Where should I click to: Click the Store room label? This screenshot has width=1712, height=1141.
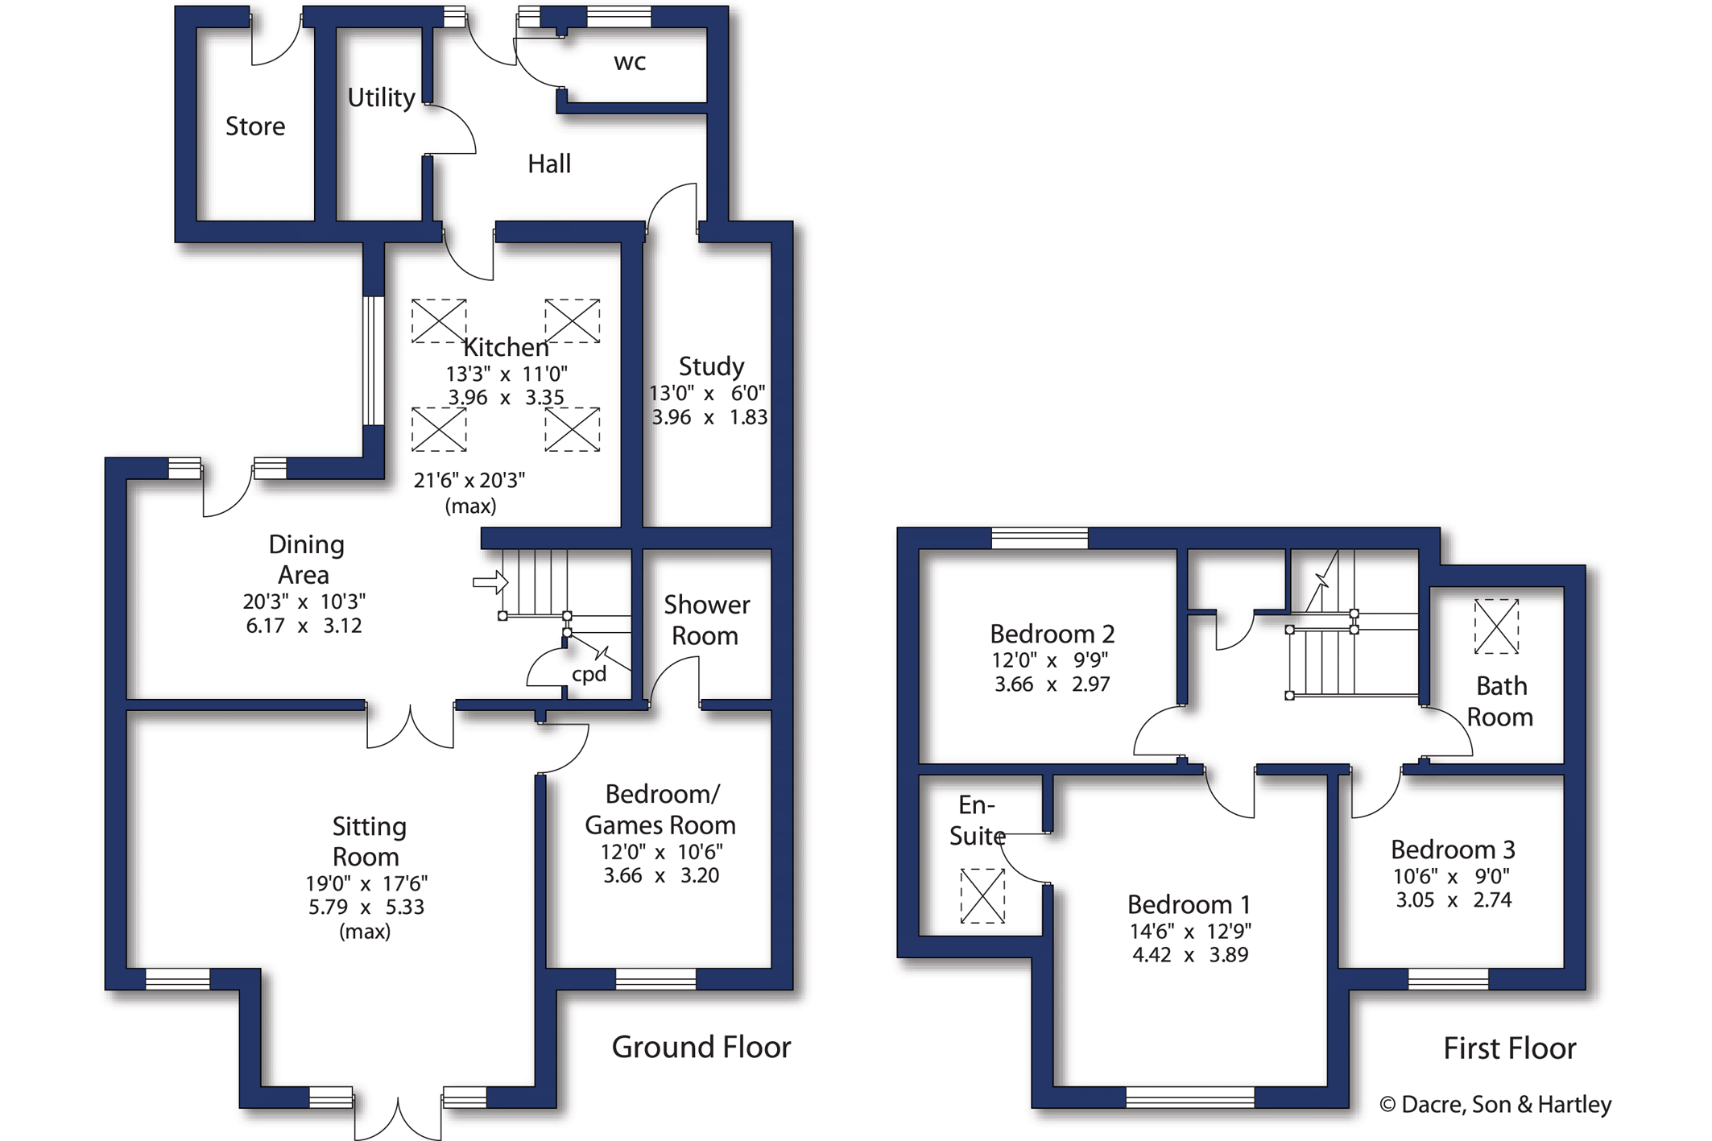pyautogui.click(x=255, y=126)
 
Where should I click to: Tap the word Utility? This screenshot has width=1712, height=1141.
pyautogui.click(x=381, y=97)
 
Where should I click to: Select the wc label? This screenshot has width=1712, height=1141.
pyautogui.click(x=630, y=63)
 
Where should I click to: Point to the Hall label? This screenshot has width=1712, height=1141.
pyautogui.click(x=549, y=164)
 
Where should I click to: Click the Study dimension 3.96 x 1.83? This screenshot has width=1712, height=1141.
pyautogui.click(x=709, y=417)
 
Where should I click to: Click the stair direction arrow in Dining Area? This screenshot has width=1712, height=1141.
pyautogui.click(x=490, y=581)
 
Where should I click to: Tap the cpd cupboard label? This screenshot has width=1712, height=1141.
pyautogui.click(x=589, y=675)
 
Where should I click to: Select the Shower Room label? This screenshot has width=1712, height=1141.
pyautogui.click(x=706, y=620)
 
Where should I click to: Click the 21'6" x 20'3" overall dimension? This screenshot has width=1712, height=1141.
pyautogui.click(x=469, y=481)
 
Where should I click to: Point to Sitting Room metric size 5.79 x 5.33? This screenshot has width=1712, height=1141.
pyautogui.click(x=366, y=907)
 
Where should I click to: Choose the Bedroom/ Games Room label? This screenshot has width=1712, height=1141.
pyautogui.click(x=660, y=809)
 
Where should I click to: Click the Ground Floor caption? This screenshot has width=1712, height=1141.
pyautogui.click(x=701, y=1048)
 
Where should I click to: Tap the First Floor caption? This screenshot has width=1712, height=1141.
pyautogui.click(x=1510, y=1048)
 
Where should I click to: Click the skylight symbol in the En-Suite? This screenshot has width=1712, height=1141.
pyautogui.click(x=982, y=895)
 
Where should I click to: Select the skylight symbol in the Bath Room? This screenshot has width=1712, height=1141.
pyautogui.click(x=1496, y=626)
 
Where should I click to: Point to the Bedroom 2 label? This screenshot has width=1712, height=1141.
pyautogui.click(x=1052, y=634)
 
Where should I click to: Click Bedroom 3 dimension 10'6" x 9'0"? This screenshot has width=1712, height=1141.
pyautogui.click(x=1452, y=876)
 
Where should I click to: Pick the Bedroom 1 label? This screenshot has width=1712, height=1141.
pyautogui.click(x=1189, y=904)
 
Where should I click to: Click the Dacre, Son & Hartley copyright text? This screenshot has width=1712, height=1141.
pyautogui.click(x=1496, y=1105)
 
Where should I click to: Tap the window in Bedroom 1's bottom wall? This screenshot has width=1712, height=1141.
pyautogui.click(x=1190, y=1097)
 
